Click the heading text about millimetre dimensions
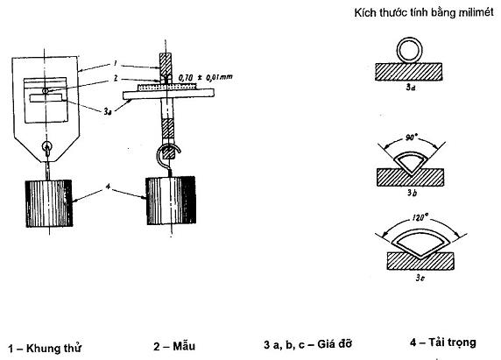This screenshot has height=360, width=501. point(424,12)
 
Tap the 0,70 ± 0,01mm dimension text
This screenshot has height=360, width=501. point(206,77)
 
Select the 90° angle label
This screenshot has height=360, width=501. point(411,138)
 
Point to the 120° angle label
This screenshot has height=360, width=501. point(420,218)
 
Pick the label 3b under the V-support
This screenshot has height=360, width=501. point(412,193)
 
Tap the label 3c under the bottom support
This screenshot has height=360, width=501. point(420,278)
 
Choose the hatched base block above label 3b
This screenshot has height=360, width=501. point(410,178)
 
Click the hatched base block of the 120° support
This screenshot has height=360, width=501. point(420,261)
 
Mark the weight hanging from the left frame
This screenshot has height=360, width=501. point(49,203)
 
